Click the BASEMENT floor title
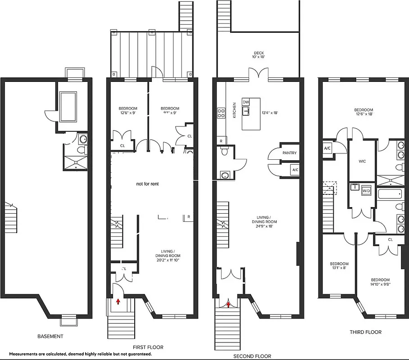click(50, 336)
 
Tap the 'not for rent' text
click(147, 184)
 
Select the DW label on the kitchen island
click(245, 102)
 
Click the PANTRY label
click(289, 153)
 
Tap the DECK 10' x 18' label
click(258, 55)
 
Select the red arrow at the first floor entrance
click(118, 301)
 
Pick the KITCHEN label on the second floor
click(234, 110)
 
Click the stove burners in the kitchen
click(221, 112)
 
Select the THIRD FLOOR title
click(365, 332)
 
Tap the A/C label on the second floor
click(295, 170)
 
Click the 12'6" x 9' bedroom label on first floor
click(128, 111)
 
